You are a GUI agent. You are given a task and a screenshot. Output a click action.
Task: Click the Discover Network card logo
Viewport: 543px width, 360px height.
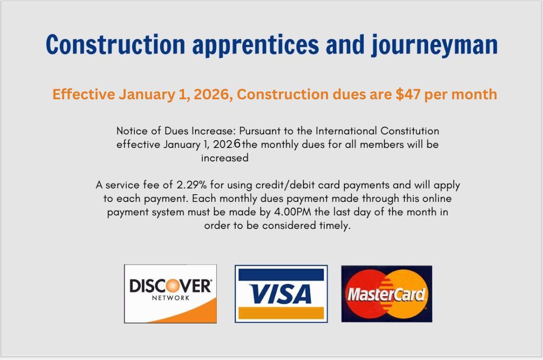(x=171, y=294)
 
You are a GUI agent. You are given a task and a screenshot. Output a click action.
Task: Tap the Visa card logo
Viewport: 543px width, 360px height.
(x=281, y=294)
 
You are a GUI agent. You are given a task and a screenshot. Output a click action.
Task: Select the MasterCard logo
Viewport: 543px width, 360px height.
(x=387, y=294)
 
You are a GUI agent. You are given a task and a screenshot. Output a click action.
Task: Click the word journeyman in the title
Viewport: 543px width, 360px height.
(x=435, y=45)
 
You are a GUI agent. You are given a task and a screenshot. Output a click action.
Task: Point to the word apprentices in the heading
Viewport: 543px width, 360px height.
(x=255, y=45)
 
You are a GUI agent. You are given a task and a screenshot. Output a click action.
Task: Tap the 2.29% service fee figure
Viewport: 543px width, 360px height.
(x=191, y=185)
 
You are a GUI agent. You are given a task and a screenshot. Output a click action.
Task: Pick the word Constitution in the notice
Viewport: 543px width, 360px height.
(x=410, y=131)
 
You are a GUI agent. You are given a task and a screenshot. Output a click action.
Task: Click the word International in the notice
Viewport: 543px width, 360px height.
(x=346, y=131)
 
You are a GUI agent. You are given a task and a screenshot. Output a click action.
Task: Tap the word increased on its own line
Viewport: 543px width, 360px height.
(x=225, y=158)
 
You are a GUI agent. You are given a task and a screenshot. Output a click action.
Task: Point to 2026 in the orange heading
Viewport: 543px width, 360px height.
(x=213, y=94)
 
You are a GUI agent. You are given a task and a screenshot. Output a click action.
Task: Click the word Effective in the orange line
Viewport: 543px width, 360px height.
(x=84, y=94)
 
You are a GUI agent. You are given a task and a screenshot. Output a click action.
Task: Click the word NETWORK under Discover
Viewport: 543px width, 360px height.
(x=171, y=298)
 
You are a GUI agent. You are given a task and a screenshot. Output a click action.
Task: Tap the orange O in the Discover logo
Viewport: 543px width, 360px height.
(x=172, y=286)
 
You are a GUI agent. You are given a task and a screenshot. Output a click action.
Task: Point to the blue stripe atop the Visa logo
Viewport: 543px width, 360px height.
(x=281, y=274)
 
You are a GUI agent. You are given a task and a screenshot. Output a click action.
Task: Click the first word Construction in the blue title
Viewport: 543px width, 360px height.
(x=116, y=45)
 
